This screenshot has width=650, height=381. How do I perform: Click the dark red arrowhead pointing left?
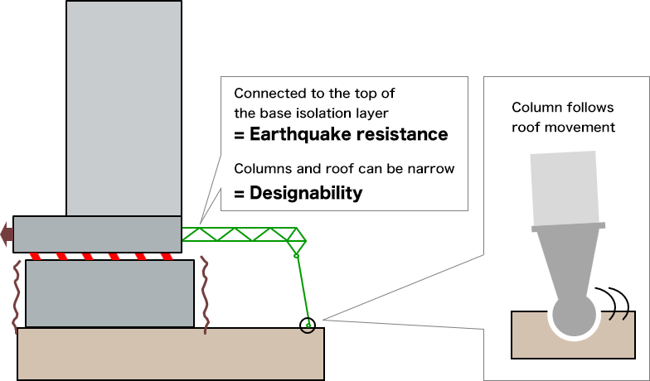7,234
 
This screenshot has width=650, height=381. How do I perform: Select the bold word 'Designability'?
306,193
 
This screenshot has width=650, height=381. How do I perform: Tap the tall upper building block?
124,108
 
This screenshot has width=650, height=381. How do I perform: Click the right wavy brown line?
205,294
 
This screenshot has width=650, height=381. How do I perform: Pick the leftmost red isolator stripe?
36,255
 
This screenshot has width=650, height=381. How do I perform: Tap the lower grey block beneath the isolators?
110,293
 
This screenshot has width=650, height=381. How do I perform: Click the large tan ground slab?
170,354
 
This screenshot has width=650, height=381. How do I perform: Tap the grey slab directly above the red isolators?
97,234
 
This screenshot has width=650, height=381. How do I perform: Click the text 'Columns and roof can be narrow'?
344,170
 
